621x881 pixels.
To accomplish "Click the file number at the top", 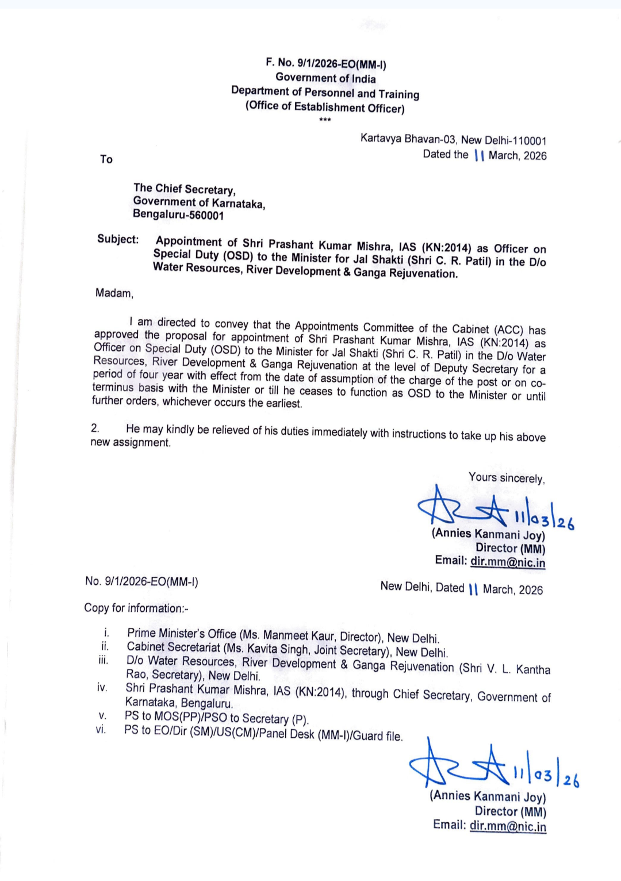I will pyautogui.click(x=325, y=63).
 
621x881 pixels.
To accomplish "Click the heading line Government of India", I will pyautogui.click(x=325, y=78).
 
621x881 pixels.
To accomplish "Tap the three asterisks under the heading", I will pyautogui.click(x=325, y=120).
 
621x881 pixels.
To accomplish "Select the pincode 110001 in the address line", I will pyautogui.click(x=529, y=141).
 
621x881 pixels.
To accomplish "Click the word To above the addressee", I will pyautogui.click(x=106, y=159).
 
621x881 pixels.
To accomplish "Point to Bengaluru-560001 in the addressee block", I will pyautogui.click(x=178, y=214).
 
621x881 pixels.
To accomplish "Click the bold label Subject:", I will pyautogui.click(x=118, y=239).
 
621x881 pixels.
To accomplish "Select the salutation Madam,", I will pyautogui.click(x=114, y=293).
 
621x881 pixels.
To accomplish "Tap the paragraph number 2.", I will pyautogui.click(x=95, y=428).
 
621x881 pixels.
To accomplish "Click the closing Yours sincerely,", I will pyautogui.click(x=507, y=478).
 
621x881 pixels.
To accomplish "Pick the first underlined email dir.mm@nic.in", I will pyautogui.click(x=508, y=562).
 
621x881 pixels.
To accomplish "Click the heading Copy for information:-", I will pyautogui.click(x=136, y=608).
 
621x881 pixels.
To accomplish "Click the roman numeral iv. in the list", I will pyautogui.click(x=102, y=687).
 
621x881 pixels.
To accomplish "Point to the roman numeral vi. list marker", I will pyautogui.click(x=101, y=730).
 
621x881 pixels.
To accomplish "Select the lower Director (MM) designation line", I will pyautogui.click(x=511, y=811).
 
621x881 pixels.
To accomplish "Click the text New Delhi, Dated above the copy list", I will pyautogui.click(x=422, y=587).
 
